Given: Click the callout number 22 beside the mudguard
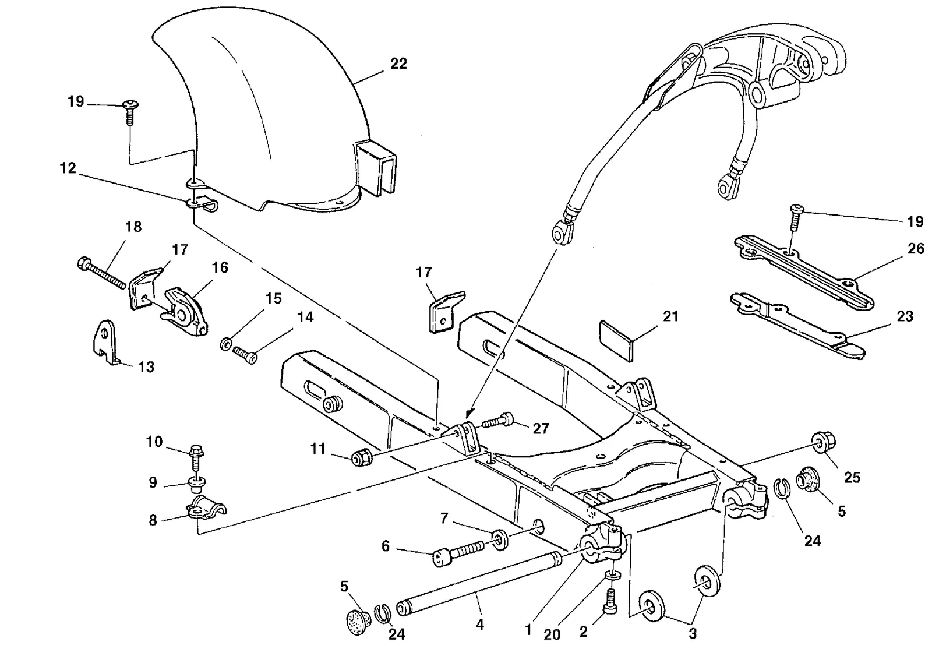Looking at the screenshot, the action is [x=398, y=64].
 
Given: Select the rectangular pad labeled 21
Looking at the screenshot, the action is [x=616, y=340].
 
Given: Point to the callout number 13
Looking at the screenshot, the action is [x=146, y=366].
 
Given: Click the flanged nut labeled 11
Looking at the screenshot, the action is [x=362, y=459].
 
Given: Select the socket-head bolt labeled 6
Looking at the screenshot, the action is [x=458, y=552].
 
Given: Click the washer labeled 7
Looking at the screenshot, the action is [x=500, y=540].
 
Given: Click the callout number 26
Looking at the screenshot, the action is [x=916, y=249].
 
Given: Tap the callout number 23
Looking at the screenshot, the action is [x=905, y=316].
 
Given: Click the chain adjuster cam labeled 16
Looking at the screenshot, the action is [x=185, y=312].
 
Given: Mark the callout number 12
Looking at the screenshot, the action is [x=68, y=168].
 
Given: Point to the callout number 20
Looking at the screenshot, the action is [x=552, y=634].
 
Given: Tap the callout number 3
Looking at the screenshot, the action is [x=693, y=634].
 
